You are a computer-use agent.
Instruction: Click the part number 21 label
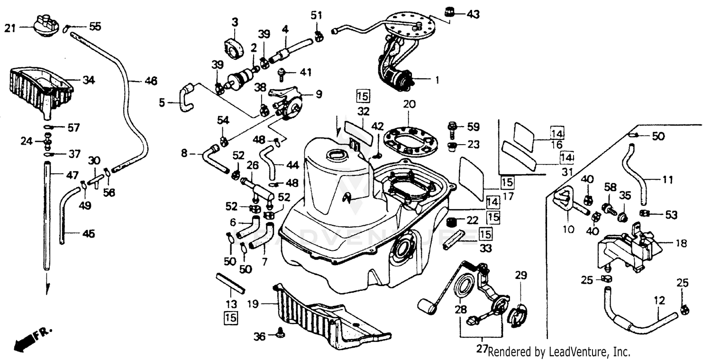pyautogui.click(x=10, y=28)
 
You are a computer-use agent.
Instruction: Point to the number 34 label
pyautogui.click(x=88, y=80)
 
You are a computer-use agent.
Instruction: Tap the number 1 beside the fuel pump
pyautogui.click(x=437, y=81)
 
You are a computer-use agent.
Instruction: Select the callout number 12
pyautogui.click(x=659, y=300)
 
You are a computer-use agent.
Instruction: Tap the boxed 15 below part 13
pyautogui.click(x=231, y=317)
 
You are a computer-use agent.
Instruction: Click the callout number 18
pyautogui.click(x=681, y=243)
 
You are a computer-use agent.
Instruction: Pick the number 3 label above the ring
pyautogui.click(x=235, y=22)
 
